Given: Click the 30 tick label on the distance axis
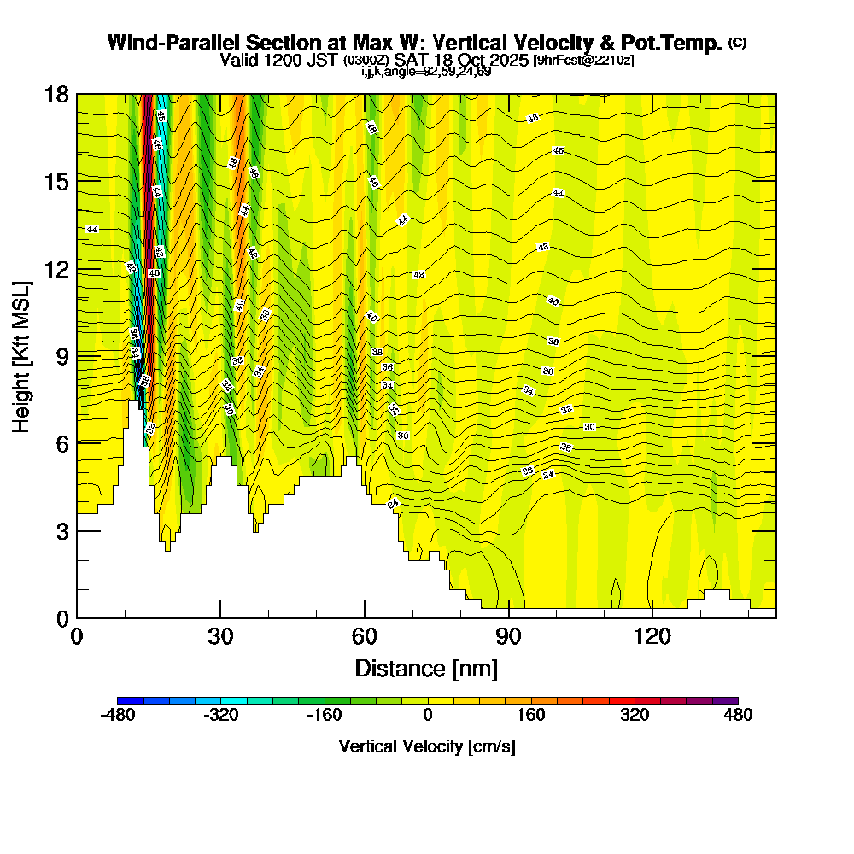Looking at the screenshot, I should [220, 636].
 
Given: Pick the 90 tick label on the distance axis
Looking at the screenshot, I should [508, 636].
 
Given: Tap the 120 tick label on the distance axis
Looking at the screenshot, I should [652, 636].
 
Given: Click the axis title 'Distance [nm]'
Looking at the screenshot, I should [426, 668].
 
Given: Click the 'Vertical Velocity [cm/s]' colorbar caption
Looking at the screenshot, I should [427, 746].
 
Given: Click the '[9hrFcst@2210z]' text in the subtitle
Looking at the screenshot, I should [583, 61].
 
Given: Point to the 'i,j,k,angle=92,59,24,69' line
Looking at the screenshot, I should [426, 72].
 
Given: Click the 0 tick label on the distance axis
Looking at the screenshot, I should [77, 636].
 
